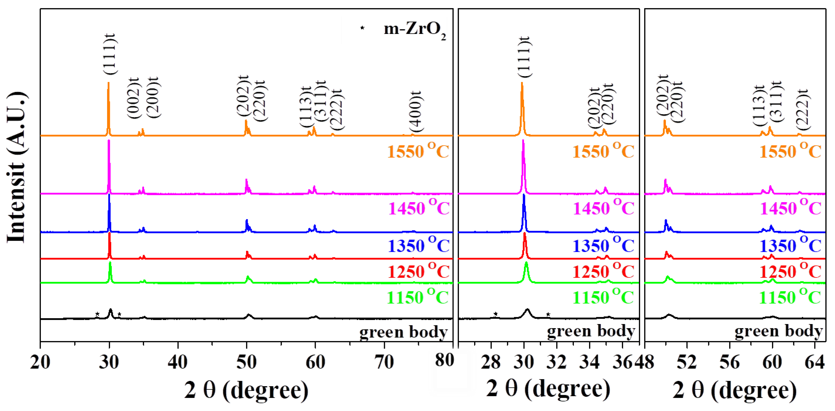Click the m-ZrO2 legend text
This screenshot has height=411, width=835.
[414, 30]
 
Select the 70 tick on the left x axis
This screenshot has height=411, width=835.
[384, 361]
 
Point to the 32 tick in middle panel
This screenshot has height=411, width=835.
[556, 361]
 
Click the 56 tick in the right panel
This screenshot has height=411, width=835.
[729, 361]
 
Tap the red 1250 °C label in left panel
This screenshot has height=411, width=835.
[418, 271]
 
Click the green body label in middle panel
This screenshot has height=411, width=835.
[591, 331]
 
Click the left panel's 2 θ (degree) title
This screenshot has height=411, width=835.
[246, 390]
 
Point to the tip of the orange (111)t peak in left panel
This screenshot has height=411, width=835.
[108, 83]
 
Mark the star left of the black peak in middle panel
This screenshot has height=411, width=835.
[495, 314]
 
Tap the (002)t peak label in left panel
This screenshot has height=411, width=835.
[133, 98]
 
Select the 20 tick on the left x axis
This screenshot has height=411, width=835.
[40, 361]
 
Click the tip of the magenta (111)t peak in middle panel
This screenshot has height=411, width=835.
[523, 140]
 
